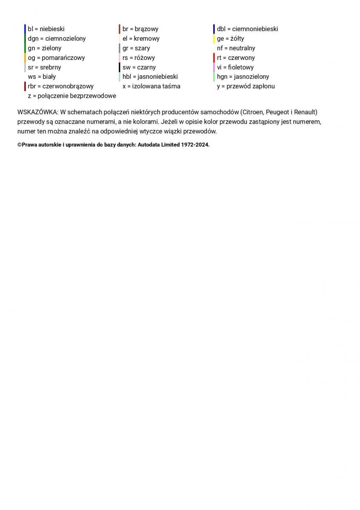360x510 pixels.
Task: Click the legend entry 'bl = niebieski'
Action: pyautogui.click(x=46, y=29)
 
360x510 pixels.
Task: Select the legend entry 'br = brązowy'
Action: pyautogui.click(x=140, y=29)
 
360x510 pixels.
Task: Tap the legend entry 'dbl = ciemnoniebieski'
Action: pyautogui.click(x=247, y=29)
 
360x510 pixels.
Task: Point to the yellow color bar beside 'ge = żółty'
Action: pyautogui.click(x=214, y=39)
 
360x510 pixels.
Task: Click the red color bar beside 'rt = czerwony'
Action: pyautogui.click(x=214, y=58)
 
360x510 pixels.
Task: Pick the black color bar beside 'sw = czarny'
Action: pyautogui.click(x=119, y=67)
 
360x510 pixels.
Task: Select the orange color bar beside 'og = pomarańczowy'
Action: pyautogui.click(x=25, y=58)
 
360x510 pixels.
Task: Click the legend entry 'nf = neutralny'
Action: pyautogui.click(x=236, y=48)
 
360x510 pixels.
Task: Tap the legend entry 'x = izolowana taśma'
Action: pyautogui.click(x=151, y=86)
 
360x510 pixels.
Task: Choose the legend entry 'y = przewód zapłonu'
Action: pyautogui.click(x=246, y=86)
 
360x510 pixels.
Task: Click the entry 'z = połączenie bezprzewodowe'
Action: pyautogui.click(x=72, y=96)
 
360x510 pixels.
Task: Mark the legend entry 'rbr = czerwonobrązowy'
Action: pyautogui.click(x=60, y=86)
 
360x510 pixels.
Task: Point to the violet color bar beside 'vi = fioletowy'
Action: pyautogui.click(x=214, y=67)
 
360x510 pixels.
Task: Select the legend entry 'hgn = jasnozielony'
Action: pyautogui.click(x=243, y=77)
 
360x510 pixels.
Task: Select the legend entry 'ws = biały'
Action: pyautogui.click(x=42, y=77)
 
